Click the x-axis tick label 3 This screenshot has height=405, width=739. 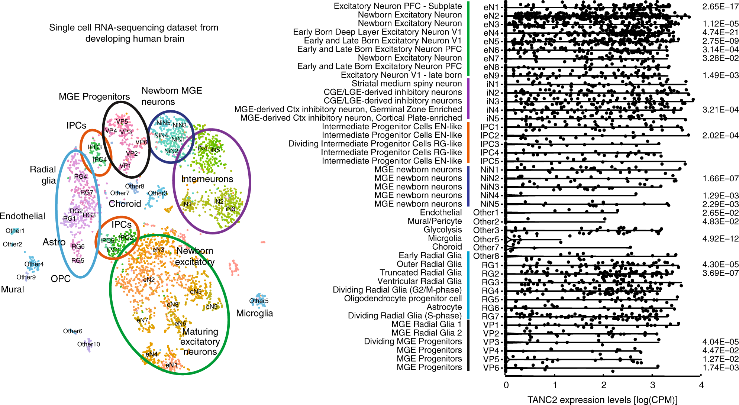click(652, 385)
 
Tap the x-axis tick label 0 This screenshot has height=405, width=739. click(506, 385)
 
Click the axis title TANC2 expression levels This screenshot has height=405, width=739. click(602, 400)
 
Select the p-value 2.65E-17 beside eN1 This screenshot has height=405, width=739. click(720, 7)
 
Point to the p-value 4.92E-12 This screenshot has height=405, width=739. click(720, 239)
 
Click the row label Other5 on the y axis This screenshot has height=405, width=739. click(486, 239)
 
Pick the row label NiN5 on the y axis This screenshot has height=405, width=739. click(490, 204)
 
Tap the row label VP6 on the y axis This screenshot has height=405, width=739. click(491, 368)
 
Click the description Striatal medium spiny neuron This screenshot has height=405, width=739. click(407, 84)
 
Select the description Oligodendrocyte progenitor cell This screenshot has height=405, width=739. click(403, 298)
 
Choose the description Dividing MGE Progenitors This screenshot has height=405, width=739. click(413, 341)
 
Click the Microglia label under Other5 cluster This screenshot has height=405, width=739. click(255, 313)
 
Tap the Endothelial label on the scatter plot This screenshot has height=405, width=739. click(22, 216)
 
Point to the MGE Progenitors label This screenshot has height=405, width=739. click(94, 97)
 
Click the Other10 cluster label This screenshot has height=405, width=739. click(88, 344)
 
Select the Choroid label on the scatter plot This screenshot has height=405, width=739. click(125, 204)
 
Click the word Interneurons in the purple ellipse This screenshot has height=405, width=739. click(207, 179)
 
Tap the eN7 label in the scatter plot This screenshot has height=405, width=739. click(142, 320)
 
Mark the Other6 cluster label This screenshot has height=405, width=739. click(72, 331)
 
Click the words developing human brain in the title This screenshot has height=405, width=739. click(135, 39)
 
